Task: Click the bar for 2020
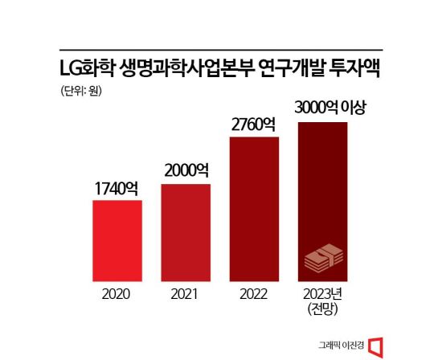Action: (117, 242)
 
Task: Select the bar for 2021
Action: (186, 234)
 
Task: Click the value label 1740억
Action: (117, 190)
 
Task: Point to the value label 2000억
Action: (186, 171)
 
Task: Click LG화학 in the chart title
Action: (88, 68)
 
